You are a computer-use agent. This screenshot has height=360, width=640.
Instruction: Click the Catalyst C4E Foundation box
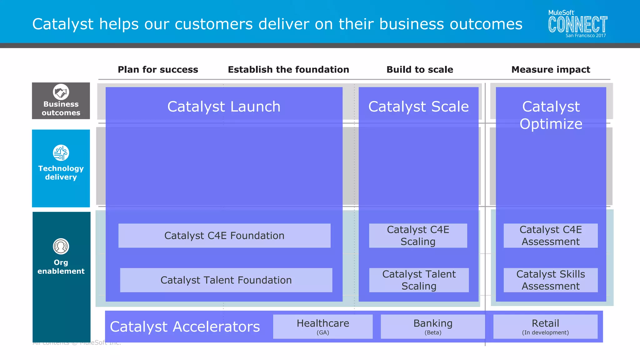pyautogui.click(x=224, y=236)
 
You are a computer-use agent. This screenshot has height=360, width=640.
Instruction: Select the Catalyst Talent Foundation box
pyautogui.click(x=226, y=280)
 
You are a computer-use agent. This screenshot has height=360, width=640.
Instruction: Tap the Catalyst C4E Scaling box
pyautogui.click(x=418, y=236)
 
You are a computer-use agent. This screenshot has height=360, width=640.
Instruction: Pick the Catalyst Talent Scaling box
pyautogui.click(x=419, y=280)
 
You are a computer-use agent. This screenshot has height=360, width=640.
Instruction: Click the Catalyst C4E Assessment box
pyautogui.click(x=551, y=236)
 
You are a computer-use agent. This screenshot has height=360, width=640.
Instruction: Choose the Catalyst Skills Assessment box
pyautogui.click(x=551, y=280)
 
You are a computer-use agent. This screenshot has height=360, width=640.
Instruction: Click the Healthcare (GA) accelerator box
pyautogui.click(x=323, y=327)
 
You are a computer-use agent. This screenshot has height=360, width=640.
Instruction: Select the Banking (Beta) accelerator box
pyautogui.click(x=433, y=327)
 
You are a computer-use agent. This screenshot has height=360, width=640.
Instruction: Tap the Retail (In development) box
pyautogui.click(x=545, y=327)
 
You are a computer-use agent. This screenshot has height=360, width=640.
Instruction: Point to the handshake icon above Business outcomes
pyautogui.click(x=61, y=92)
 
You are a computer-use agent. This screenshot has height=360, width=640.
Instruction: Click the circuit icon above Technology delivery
pyautogui.click(x=61, y=153)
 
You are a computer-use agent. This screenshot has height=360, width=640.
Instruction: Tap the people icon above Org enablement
pyautogui.click(x=61, y=246)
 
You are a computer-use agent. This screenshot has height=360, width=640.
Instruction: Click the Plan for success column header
pyautogui.click(x=158, y=69)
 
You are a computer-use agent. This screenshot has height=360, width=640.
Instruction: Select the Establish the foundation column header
pyautogui.click(x=288, y=69)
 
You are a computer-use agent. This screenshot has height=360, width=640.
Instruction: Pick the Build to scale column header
pyautogui.click(x=420, y=69)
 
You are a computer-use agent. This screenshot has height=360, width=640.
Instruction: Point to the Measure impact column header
pyautogui.click(x=551, y=69)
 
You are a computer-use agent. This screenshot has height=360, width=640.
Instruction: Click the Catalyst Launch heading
pyautogui.click(x=224, y=107)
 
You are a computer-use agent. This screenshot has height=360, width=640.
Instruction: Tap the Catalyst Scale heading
pyautogui.click(x=418, y=107)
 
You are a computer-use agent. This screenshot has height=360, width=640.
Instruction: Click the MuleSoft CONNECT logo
pyautogui.click(x=577, y=24)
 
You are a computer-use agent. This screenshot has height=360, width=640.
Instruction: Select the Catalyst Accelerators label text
pyautogui.click(x=185, y=327)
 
